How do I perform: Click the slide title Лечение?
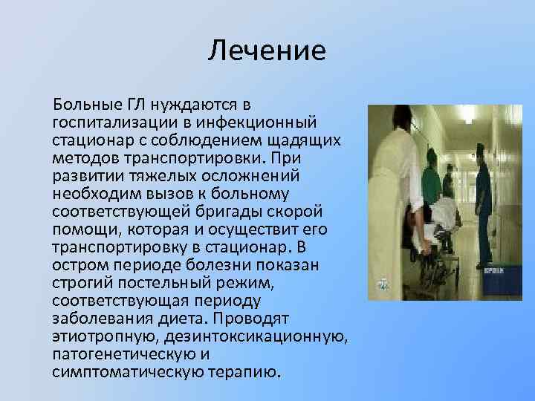(x=267, y=51)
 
